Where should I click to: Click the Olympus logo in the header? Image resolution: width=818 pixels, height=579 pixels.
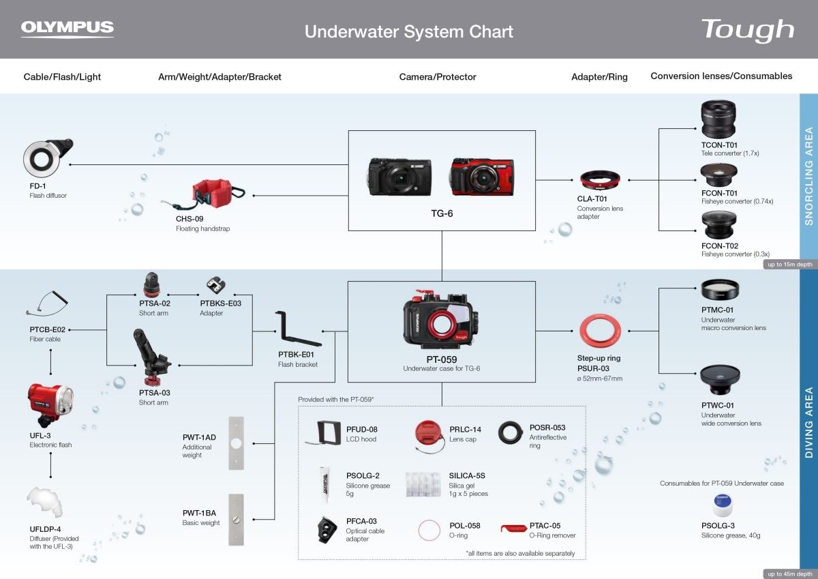(67, 29)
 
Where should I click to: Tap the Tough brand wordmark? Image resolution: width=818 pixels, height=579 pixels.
(747, 30)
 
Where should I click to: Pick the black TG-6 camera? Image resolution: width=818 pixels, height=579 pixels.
(401, 177)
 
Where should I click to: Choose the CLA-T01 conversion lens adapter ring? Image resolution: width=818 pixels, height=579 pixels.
(600, 180)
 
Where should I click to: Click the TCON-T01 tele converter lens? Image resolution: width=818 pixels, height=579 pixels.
(718, 119)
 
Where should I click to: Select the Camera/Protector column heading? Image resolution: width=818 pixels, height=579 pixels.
(438, 77)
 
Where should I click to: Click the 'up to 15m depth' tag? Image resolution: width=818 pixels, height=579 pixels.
(789, 265)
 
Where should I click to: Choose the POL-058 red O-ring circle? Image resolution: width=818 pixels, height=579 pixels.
(430, 530)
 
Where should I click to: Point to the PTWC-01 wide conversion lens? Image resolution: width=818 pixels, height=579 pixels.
(719, 381)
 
